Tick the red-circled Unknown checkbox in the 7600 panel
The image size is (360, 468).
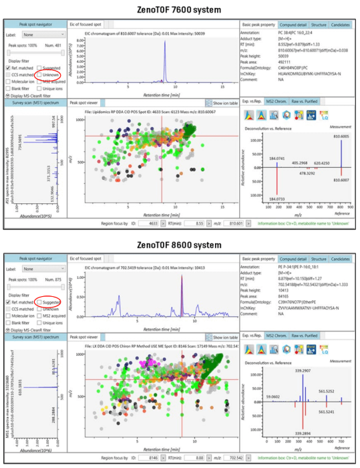[39, 76]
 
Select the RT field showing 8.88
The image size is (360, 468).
[191, 459]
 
